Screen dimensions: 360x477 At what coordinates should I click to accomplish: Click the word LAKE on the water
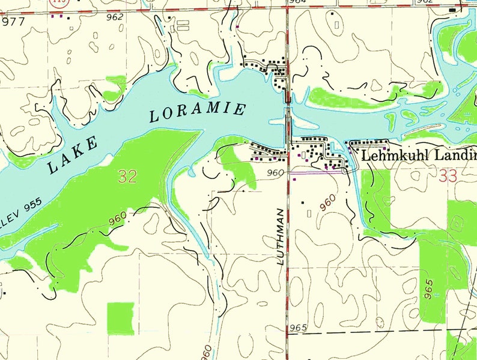click(72, 155)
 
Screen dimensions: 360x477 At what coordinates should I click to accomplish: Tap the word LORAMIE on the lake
click(198, 112)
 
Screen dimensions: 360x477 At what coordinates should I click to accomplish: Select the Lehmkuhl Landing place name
click(418, 156)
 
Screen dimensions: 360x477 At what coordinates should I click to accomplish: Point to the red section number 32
click(127, 176)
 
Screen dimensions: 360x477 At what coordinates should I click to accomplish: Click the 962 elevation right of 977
click(114, 17)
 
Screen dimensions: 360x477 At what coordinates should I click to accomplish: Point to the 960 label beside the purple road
click(275, 173)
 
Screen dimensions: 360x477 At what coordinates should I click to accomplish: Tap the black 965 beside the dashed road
click(297, 328)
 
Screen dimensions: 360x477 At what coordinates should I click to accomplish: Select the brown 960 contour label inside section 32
click(119, 223)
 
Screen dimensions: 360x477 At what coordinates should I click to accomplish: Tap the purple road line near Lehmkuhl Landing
click(315, 173)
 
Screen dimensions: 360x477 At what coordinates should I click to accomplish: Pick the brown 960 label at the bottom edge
click(205, 351)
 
